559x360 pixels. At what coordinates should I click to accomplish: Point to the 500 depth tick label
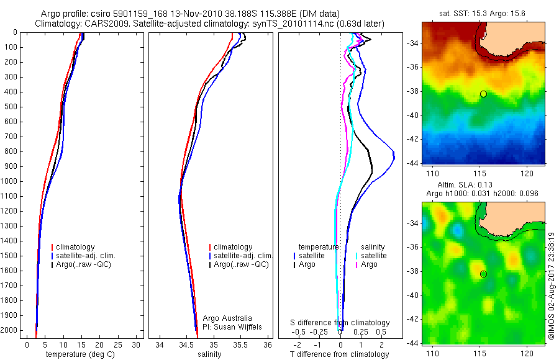(11, 106)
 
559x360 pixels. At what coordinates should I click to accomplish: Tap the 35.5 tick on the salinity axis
(241, 344)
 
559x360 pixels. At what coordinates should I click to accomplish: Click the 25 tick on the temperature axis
(117, 344)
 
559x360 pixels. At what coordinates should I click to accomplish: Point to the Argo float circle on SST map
(483, 94)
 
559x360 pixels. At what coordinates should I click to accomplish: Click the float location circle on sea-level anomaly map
(483, 274)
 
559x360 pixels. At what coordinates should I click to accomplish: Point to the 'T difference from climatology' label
(339, 354)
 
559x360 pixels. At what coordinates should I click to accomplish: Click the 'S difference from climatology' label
(340, 323)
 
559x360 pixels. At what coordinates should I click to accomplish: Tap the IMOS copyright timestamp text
(551, 286)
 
